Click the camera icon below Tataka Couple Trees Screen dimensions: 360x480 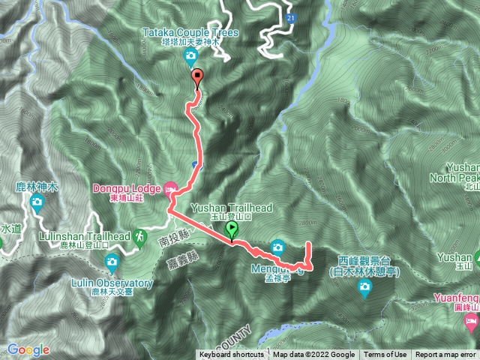(192, 56)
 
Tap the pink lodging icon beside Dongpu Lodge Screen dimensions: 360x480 (170, 187)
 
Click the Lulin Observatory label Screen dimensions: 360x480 (112, 283)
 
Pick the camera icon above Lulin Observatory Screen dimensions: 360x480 (112, 261)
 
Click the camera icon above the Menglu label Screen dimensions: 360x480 (277, 246)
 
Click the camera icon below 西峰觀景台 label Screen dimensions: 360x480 (365, 288)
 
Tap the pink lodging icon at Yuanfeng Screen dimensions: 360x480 (471, 322)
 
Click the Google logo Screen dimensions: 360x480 (28, 349)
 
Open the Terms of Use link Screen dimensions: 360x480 (385, 355)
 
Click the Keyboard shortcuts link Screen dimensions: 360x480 (231, 355)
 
